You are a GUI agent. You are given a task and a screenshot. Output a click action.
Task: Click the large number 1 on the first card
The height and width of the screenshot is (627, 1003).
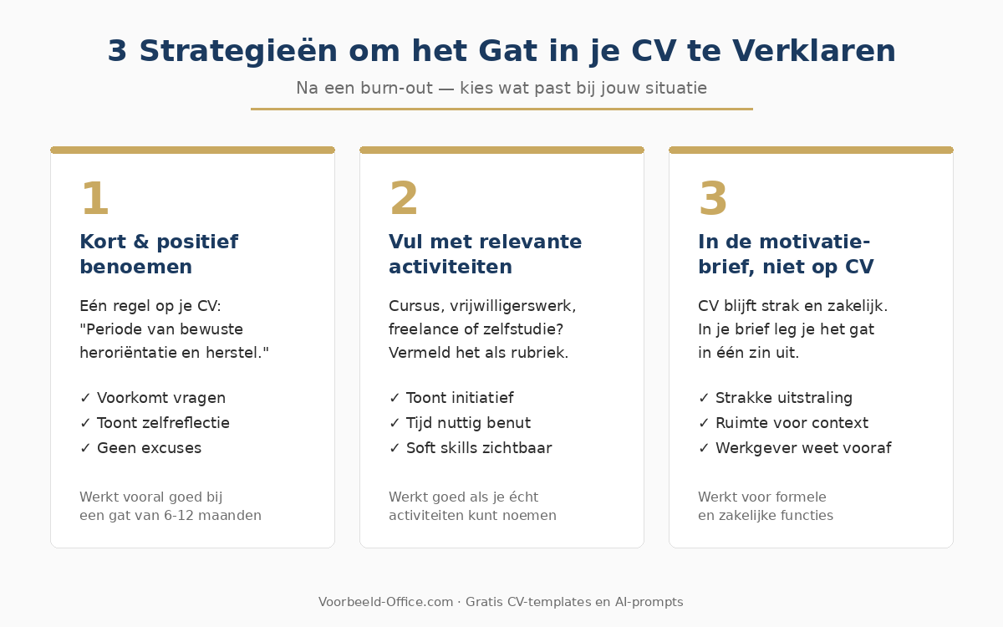[94, 200]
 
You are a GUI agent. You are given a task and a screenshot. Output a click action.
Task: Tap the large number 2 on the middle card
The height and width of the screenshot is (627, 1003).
[404, 200]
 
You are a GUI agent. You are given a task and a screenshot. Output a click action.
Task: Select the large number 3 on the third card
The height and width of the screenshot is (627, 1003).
[713, 200]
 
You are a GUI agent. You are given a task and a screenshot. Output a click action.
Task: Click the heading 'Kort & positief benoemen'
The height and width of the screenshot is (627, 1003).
[159, 254]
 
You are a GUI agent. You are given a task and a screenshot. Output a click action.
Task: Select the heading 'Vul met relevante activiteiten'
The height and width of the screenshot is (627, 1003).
[485, 254]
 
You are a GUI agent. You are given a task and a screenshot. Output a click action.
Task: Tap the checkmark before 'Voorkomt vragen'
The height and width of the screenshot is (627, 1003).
[85, 398]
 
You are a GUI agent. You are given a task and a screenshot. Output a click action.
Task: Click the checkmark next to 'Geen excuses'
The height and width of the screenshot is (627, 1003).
[85, 448]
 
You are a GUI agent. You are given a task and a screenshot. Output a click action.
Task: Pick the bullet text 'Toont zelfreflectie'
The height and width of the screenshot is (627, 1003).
[163, 423]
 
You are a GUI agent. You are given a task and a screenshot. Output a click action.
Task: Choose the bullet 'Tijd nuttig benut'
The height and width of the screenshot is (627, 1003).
[468, 423]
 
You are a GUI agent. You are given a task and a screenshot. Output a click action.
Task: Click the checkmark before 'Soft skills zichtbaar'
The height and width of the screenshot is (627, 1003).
[395, 448]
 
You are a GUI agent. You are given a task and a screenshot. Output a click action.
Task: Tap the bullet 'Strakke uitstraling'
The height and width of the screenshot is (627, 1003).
[784, 398]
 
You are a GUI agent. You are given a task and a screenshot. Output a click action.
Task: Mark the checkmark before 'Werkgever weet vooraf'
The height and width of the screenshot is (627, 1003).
[704, 448]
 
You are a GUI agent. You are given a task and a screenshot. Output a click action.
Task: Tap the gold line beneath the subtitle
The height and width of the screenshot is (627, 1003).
[501, 109]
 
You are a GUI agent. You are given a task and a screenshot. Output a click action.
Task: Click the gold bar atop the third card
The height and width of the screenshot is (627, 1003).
[811, 150]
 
